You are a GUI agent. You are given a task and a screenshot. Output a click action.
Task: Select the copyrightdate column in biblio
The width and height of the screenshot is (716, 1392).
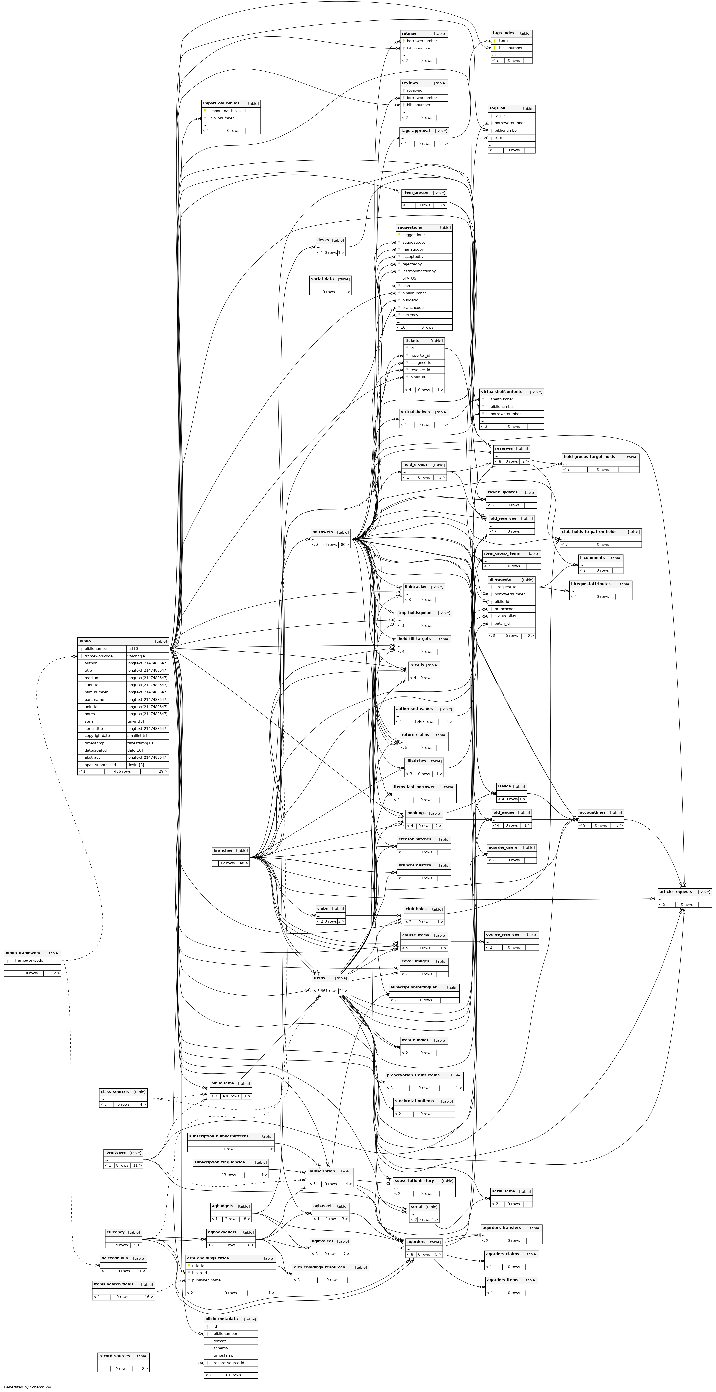click(x=97, y=735)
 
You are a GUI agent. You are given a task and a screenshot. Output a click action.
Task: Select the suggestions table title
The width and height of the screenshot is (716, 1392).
click(x=409, y=227)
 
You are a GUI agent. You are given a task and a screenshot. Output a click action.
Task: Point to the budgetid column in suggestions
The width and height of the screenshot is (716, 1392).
click(x=410, y=300)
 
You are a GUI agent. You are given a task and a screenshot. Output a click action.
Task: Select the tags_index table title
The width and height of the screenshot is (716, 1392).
click(x=504, y=33)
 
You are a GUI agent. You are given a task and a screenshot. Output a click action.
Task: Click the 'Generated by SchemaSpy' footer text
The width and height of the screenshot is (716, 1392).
click(x=27, y=1387)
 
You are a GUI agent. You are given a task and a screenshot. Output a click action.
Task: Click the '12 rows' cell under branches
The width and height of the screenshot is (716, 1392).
click(x=227, y=863)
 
